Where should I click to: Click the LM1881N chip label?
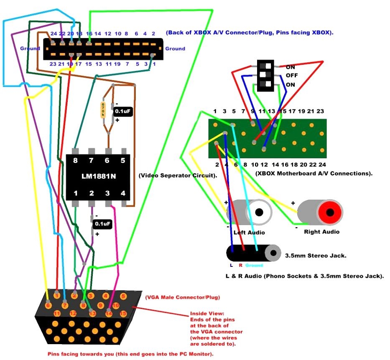coord(99,176)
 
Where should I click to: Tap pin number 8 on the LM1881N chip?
coord(76,160)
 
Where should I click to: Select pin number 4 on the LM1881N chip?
coord(123,193)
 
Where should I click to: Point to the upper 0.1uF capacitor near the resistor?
coord(123,112)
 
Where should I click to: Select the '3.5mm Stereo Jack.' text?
coord(315,255)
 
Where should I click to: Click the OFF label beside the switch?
coord(292,76)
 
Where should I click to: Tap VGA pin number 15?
coord(123,313)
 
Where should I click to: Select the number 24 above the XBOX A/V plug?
coord(53,33)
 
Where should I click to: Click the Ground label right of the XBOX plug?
coord(175,48)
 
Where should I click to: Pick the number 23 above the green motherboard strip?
coord(320,112)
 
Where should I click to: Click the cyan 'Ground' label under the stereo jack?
coord(255,265)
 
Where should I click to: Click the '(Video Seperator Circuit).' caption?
coord(178,176)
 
